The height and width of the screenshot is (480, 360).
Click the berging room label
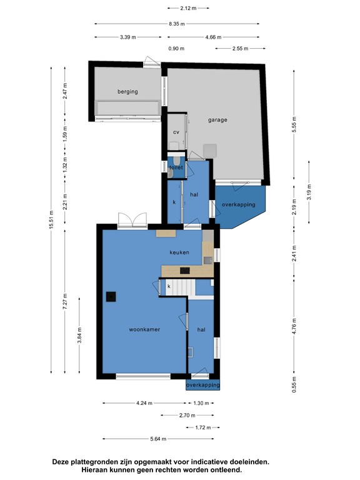click(x=127, y=91)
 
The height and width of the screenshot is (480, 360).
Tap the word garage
click(x=217, y=120)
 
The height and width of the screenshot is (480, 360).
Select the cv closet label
click(x=176, y=132)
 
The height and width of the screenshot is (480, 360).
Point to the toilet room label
click(x=176, y=167)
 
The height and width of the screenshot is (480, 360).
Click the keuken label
click(x=179, y=252)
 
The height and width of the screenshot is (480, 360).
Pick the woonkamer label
click(x=144, y=329)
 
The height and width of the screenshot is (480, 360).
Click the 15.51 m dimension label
click(x=51, y=219)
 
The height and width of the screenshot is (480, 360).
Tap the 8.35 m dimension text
click(x=177, y=24)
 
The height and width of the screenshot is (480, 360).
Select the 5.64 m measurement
click(x=158, y=439)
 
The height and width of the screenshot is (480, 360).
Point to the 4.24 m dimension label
click(x=144, y=403)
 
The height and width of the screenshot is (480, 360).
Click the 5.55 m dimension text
click(x=294, y=124)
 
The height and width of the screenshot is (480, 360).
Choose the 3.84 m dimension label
click(x=79, y=336)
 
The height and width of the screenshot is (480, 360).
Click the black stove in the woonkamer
click(x=111, y=297)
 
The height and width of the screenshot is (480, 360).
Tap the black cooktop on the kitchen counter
click(x=185, y=271)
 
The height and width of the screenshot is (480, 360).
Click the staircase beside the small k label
click(x=181, y=287)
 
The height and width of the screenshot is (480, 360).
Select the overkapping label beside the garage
click(x=239, y=204)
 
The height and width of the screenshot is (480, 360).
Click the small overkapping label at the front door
click(x=202, y=385)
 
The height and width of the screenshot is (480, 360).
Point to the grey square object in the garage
click(x=210, y=151)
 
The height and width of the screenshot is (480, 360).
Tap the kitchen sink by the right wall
click(x=208, y=261)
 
